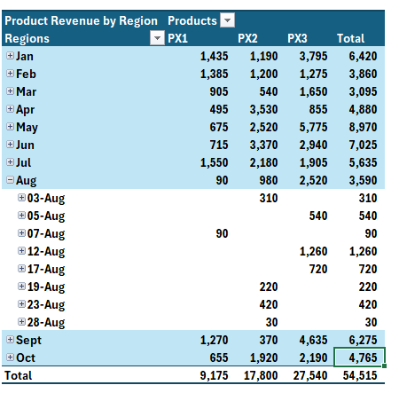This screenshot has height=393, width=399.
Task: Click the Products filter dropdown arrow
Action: coord(227,20)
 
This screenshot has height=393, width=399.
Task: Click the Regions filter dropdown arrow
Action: coord(157,38)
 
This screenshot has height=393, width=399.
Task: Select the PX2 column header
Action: coord(247,38)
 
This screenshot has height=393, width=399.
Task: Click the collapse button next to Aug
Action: coord(10,179)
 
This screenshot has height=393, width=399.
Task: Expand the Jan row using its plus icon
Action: coord(10,55)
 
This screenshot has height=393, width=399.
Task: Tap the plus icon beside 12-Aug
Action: coord(21,250)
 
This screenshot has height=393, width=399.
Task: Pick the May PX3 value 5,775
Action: coord(313,127)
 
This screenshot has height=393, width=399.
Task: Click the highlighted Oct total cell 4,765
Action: coord(359,358)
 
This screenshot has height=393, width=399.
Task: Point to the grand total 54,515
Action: coord(360,375)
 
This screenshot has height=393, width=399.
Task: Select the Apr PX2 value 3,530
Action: coord(263,109)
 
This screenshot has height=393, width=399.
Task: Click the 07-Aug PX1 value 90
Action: coord(222,233)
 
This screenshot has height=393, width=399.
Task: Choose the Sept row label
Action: coord(28,341)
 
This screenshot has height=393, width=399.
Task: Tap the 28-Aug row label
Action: coord(46,322)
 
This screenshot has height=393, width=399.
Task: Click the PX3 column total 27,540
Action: coord(310,375)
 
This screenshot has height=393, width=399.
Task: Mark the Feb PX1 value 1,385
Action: coord(214,74)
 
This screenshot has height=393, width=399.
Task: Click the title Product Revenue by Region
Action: coord(81,20)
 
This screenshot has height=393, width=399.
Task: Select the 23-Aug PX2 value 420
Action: coord(269,304)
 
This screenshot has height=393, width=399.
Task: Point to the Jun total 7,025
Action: coord(363,145)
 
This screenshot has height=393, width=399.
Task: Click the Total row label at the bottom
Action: coord(19,375)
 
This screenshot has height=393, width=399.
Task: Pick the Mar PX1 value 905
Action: coord(219,91)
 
